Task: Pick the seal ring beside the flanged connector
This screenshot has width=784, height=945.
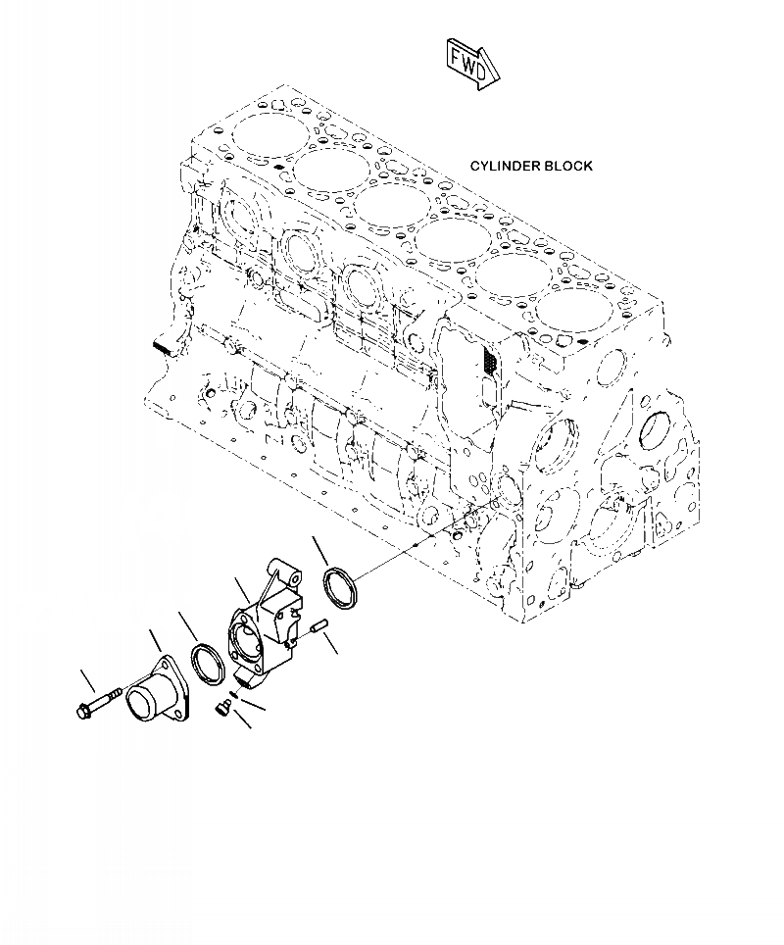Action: tap(209, 664)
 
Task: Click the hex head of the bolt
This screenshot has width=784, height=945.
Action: tap(81, 711)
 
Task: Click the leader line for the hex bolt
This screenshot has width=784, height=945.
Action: tap(89, 680)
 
